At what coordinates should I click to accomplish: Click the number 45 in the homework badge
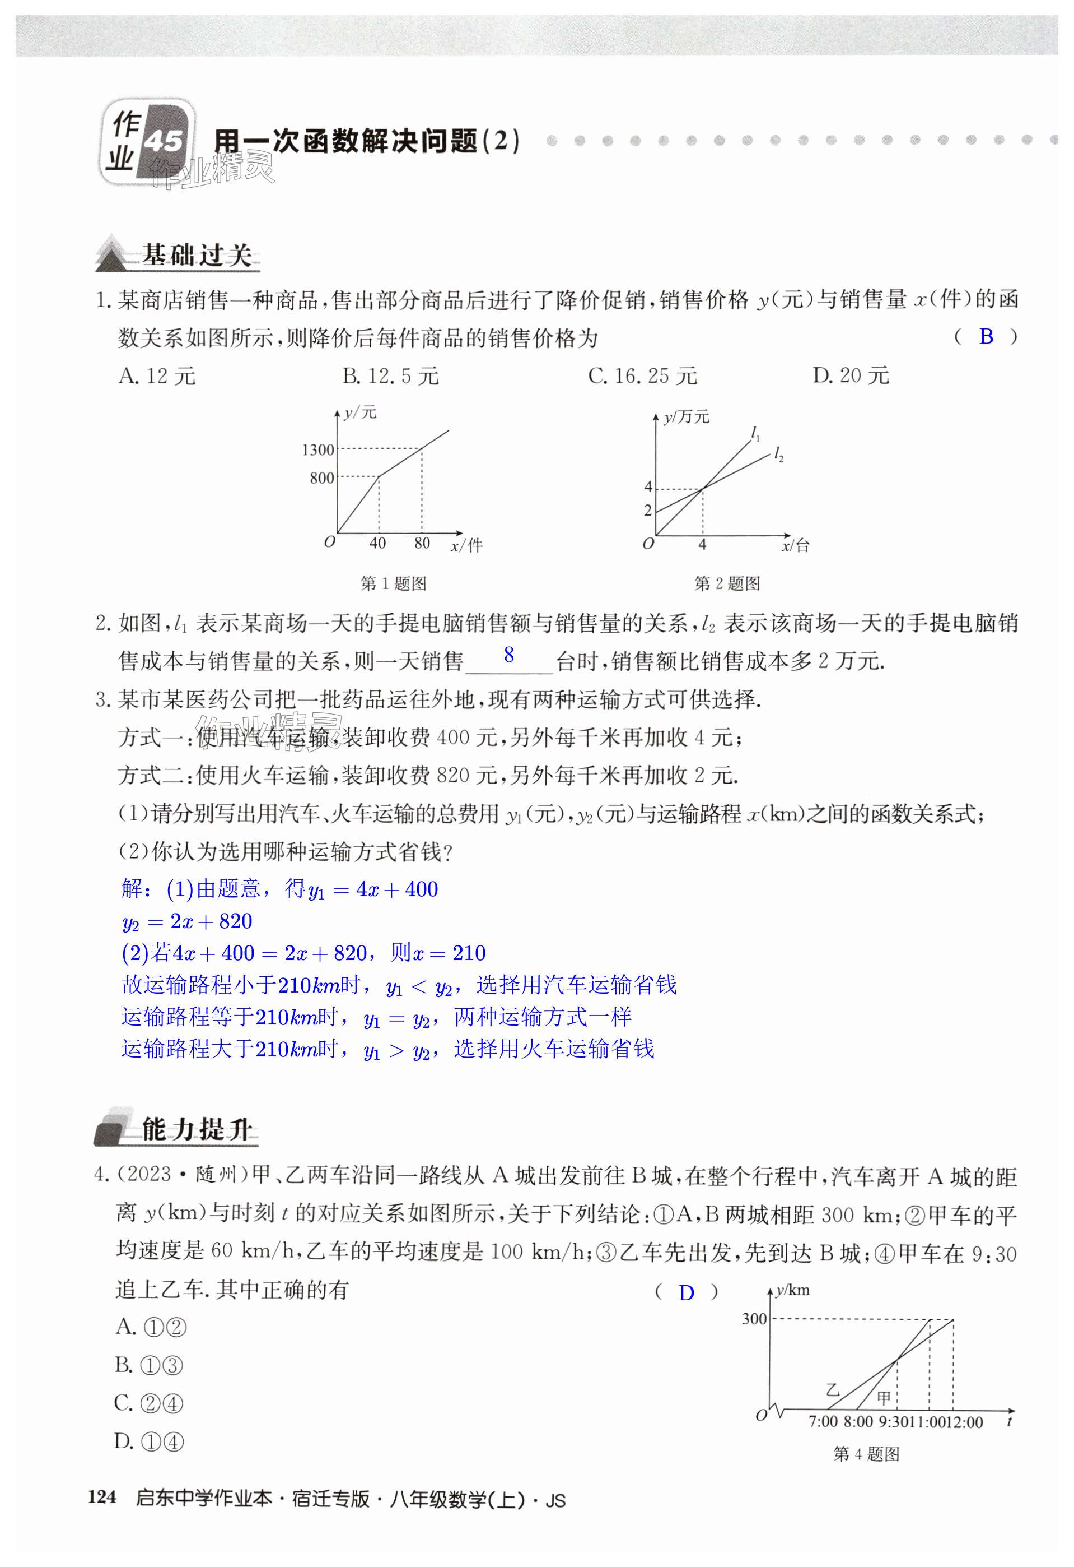[164, 142]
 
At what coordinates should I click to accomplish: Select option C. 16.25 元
[642, 376]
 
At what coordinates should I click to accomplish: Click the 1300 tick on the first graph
[318, 449]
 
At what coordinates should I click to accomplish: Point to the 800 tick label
[322, 478]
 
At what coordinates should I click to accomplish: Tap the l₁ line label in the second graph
[756, 434]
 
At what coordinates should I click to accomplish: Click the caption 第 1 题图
[394, 583]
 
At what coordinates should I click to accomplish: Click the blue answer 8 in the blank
[508, 655]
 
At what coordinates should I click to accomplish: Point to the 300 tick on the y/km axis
[754, 1319]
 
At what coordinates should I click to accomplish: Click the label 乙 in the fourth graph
[833, 1390]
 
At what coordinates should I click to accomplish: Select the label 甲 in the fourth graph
[883, 1398]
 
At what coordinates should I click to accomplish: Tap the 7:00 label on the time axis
[823, 1422]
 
